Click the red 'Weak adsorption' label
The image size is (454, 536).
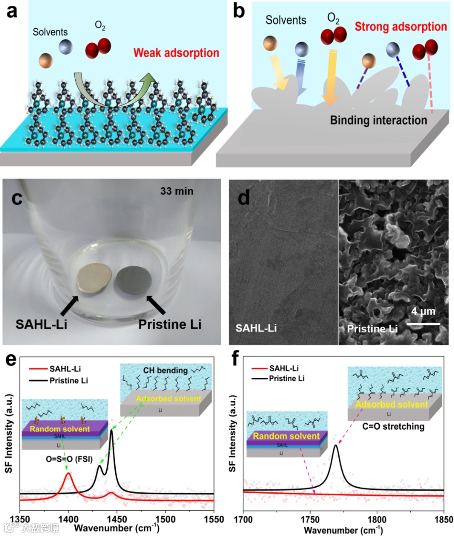176,53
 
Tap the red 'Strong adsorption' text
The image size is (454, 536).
401,27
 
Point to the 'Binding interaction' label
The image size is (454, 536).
378,120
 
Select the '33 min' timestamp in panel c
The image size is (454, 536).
177,191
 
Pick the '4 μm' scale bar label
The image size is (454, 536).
423,311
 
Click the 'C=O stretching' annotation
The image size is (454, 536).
393,426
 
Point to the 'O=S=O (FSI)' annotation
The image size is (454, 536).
69,459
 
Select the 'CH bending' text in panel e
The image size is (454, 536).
165,370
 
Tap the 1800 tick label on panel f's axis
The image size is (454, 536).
377,519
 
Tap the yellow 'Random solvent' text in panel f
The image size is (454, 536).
286,436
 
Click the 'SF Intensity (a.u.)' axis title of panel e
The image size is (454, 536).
9,433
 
